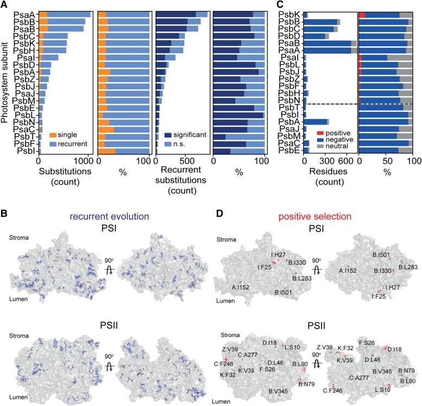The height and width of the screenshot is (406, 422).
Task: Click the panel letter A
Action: [x=5, y=5]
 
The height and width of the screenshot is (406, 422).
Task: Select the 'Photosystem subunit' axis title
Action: [x=4, y=76]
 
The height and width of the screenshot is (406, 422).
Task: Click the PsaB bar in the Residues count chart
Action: [x=326, y=42]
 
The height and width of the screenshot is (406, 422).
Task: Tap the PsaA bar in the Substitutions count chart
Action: [x=60, y=14]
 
